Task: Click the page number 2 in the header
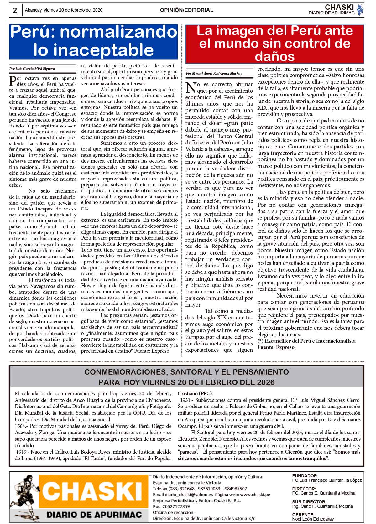[x=15, y=10]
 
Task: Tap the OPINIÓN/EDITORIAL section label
[x=186, y=10]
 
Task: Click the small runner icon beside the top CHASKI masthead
[x=360, y=10]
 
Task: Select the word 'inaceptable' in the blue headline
[x=93, y=50]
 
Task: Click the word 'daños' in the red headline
[x=275, y=56]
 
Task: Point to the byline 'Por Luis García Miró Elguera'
[x=30, y=68]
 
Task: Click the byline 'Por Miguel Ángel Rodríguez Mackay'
[x=214, y=73]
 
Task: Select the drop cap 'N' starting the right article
[x=191, y=87]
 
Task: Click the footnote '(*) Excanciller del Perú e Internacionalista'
[x=306, y=341]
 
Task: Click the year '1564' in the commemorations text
[x=21, y=426]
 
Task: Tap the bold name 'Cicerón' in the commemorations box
[x=293, y=452]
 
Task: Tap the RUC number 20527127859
[x=175, y=506]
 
